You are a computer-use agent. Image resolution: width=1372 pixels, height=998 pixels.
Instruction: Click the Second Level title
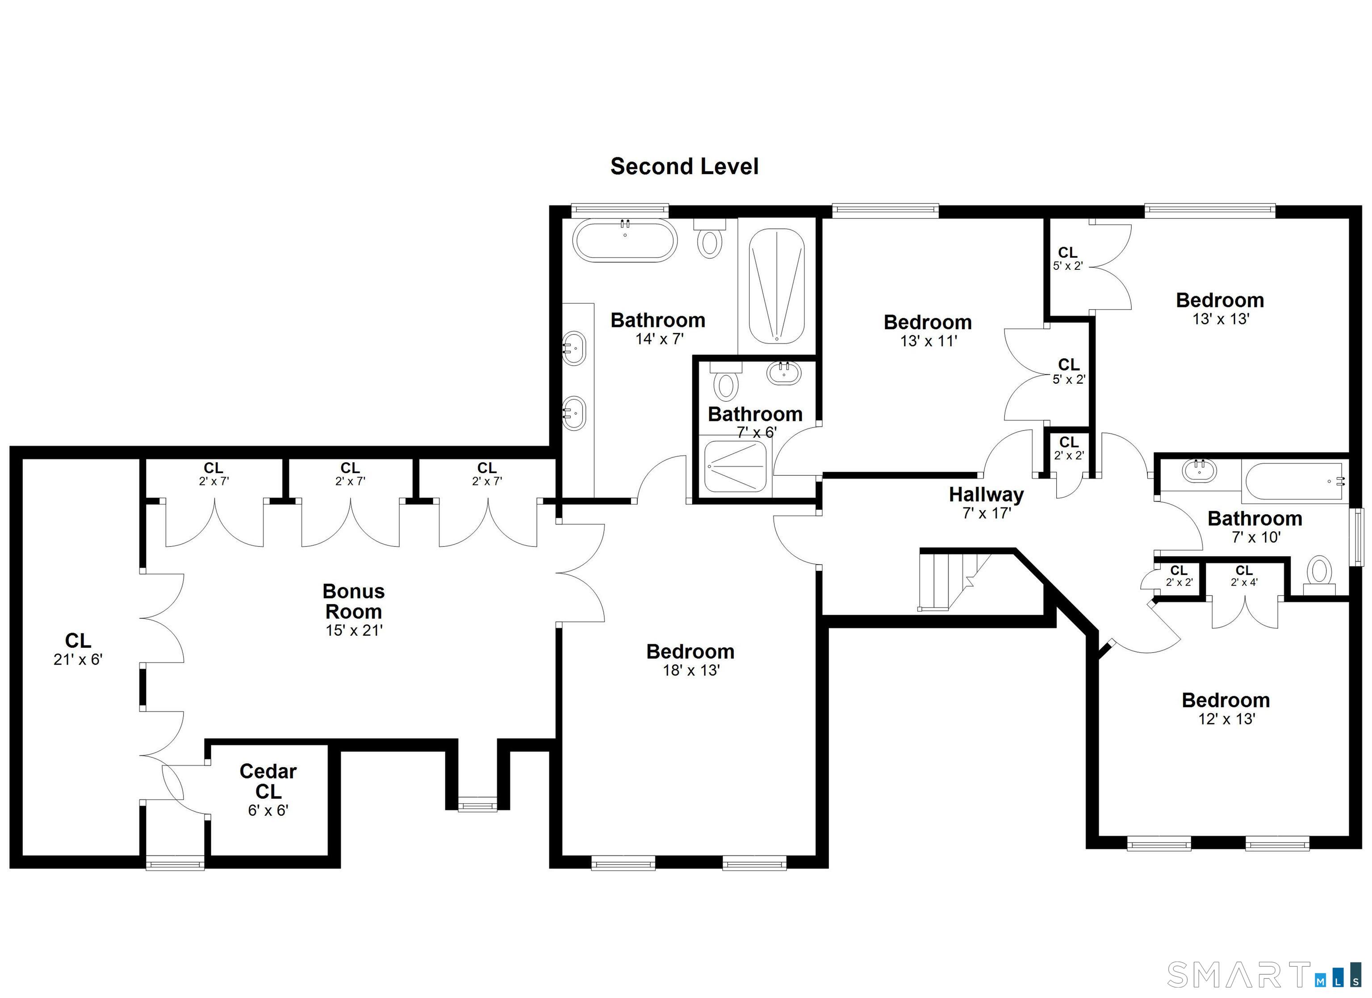[x=684, y=167]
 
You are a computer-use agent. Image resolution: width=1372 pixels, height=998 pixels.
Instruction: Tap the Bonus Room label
[x=354, y=601]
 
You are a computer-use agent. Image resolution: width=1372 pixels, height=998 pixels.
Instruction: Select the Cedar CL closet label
[x=268, y=781]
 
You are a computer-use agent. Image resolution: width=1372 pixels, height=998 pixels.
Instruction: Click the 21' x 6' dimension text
[x=78, y=659]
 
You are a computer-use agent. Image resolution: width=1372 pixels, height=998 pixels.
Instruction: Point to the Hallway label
[x=986, y=495]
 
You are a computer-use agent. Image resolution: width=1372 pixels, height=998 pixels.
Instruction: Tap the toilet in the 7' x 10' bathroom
[x=1319, y=575]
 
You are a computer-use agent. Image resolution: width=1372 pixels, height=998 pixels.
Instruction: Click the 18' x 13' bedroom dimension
[x=691, y=670]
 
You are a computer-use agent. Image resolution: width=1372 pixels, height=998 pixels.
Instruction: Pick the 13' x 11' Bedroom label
[x=928, y=322]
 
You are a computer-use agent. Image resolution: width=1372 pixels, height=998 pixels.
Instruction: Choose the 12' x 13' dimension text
[x=1227, y=719]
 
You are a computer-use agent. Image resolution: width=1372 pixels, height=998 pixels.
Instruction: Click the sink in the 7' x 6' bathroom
[x=785, y=372]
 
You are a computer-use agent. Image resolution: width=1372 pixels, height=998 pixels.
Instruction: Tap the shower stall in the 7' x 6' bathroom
[x=736, y=465]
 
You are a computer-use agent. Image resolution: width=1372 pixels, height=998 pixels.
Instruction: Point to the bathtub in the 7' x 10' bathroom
[x=1295, y=482]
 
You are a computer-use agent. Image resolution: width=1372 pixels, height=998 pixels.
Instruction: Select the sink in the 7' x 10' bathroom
[x=1199, y=471]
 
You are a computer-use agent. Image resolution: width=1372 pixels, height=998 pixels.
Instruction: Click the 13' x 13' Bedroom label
[x=1220, y=300]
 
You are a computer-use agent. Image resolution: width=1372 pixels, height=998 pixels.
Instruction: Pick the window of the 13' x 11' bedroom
[x=886, y=210]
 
